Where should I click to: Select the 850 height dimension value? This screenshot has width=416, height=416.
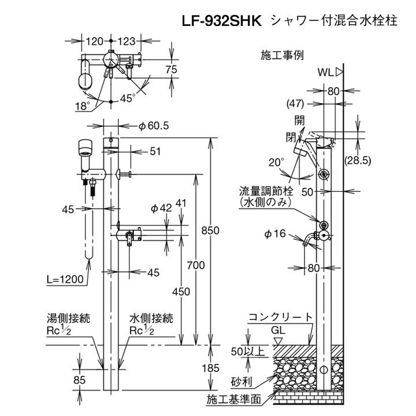click(211, 231)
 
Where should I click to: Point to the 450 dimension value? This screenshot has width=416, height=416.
click(181, 292)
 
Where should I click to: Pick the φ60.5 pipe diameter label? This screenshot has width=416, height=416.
click(154, 125)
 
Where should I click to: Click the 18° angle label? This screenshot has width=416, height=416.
click(82, 106)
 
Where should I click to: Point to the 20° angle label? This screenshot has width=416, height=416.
click(276, 162)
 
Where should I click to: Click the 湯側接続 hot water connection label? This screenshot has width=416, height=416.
click(72, 318)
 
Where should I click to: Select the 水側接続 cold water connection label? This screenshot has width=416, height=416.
click(151, 318)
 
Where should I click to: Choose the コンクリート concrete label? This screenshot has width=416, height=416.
click(281, 317)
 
